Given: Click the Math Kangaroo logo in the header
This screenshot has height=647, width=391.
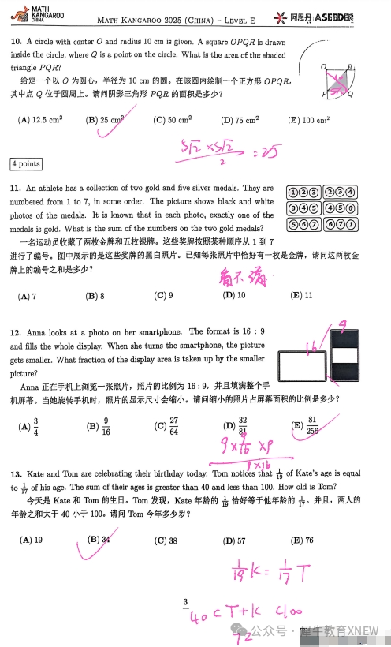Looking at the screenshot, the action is [x=31, y=15].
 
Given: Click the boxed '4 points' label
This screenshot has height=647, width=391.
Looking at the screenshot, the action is [x=25, y=164].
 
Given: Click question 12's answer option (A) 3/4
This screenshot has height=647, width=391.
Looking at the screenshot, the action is [x=29, y=426].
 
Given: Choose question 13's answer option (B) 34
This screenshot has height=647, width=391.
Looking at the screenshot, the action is [x=99, y=540].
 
